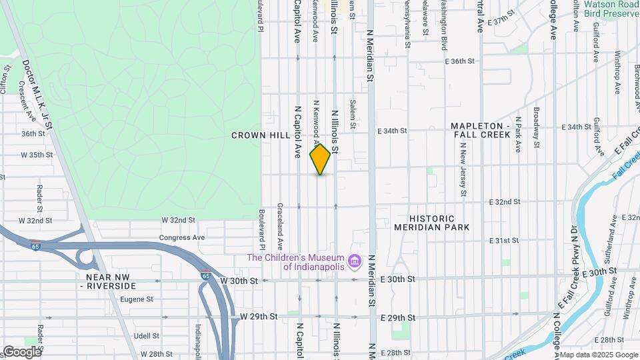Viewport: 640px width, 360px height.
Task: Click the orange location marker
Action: tap(321, 159)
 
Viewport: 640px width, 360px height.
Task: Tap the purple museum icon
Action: tap(355, 259)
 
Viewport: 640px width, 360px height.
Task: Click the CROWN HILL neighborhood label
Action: tap(261, 135)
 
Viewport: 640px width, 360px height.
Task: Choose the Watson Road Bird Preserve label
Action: tap(611, 8)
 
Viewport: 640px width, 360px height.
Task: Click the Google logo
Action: tap(21, 351)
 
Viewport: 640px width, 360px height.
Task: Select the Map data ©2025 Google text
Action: tap(598, 355)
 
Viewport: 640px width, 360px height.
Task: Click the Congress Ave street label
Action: tap(181, 237)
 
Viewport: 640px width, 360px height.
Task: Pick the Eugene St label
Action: tap(137, 300)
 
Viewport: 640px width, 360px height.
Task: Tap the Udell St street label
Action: tap(146, 336)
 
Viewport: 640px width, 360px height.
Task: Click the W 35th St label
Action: tap(37, 155)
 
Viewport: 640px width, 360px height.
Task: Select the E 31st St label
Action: tap(503, 241)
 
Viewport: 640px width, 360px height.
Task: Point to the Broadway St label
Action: tap(536, 123)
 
